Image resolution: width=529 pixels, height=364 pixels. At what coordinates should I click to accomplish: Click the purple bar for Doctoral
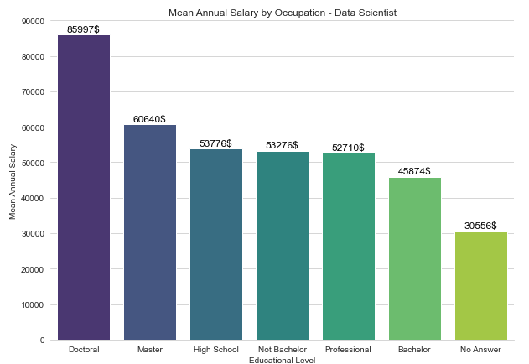[84, 188]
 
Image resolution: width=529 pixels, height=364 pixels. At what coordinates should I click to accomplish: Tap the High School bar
[216, 244]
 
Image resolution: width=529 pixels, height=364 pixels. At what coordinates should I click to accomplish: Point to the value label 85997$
[83, 29]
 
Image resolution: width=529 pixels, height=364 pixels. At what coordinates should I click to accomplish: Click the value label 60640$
[149, 119]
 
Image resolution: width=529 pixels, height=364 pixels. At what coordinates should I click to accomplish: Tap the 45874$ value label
[414, 171]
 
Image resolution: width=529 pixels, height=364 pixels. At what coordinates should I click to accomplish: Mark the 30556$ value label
[480, 226]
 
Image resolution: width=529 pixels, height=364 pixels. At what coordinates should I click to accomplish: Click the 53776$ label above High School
[215, 143]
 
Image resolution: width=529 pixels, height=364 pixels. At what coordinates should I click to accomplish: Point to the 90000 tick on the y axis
[33, 21]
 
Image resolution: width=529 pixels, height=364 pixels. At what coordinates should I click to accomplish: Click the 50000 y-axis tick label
[33, 163]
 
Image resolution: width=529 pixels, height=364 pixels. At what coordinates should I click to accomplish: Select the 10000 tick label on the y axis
[33, 304]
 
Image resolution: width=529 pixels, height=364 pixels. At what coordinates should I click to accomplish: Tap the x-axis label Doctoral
[84, 349]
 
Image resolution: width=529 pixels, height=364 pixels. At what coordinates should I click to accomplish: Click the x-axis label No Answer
[481, 349]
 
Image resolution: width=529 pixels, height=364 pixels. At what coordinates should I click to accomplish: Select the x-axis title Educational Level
[283, 359]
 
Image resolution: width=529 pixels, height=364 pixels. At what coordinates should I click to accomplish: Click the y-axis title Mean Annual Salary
[13, 180]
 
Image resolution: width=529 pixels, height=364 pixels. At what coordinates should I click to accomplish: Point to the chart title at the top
[283, 13]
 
